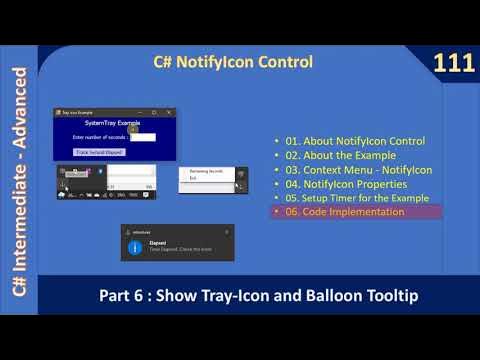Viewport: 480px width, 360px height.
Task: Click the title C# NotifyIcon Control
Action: click(x=232, y=62)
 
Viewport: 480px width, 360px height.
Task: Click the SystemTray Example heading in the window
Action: click(x=114, y=123)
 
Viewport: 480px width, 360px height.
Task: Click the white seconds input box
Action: click(x=143, y=137)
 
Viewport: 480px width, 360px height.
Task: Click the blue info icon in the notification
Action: click(x=135, y=246)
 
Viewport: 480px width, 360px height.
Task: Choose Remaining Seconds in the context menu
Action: click(x=208, y=173)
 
